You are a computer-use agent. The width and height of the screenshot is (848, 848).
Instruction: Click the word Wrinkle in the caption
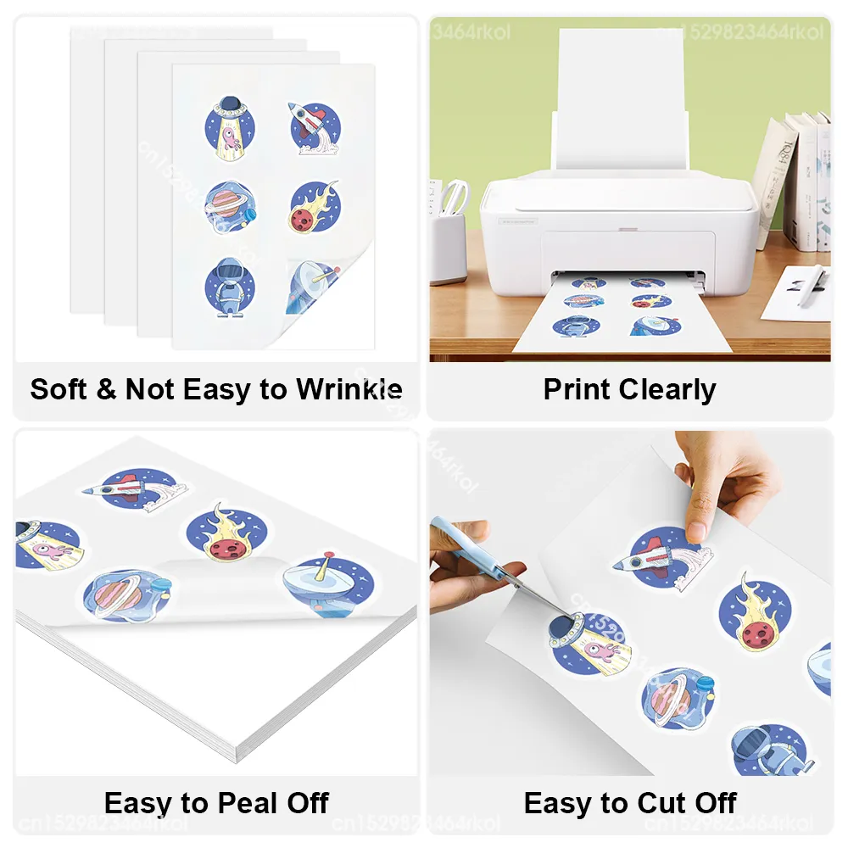[x=349, y=390]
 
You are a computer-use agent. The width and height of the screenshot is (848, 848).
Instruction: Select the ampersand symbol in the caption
[x=109, y=390]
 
